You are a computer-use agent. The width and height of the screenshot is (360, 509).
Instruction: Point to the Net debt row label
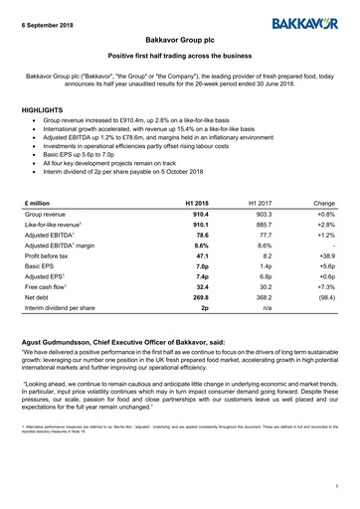tap(38, 296)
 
